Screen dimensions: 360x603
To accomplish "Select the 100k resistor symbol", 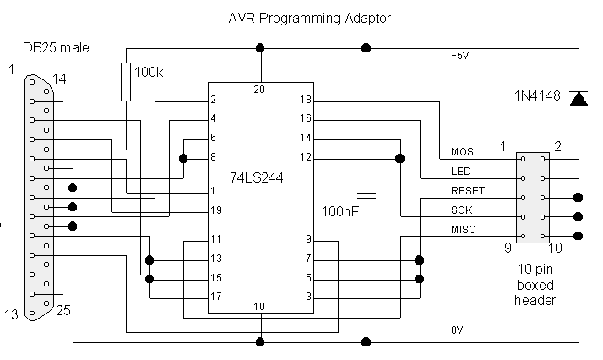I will point(126,80).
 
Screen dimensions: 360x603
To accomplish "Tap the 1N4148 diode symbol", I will point(579,99).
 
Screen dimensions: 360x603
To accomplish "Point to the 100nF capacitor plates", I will point(366,192).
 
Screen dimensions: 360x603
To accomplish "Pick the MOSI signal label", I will point(463,152).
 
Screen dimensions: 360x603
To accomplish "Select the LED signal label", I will point(459,172).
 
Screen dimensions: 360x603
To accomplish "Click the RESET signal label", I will point(467,191).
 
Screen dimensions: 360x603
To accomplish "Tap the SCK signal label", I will point(460,210).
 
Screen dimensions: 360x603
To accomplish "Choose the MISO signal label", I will point(463,230).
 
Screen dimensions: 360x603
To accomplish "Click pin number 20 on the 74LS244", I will point(261,89).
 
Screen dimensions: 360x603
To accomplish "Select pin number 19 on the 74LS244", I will point(217,210).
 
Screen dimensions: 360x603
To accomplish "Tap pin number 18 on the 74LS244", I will point(306,100).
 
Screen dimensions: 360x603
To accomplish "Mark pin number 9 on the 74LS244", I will point(309,239).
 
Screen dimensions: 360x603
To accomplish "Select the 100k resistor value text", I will point(149,74).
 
